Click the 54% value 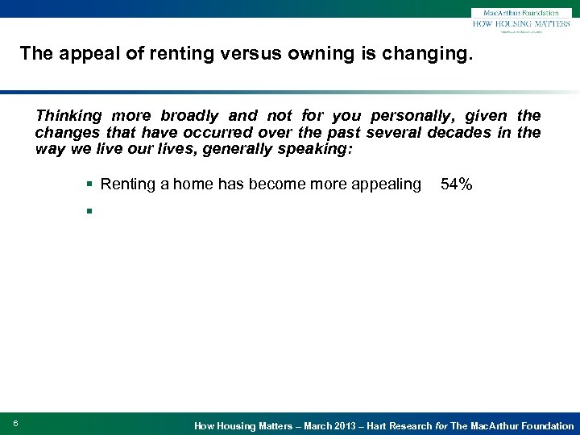point(456,184)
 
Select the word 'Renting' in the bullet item point(128,184)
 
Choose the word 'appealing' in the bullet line point(383,184)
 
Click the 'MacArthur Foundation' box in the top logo point(521,13)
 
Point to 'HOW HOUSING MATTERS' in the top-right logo point(521,25)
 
